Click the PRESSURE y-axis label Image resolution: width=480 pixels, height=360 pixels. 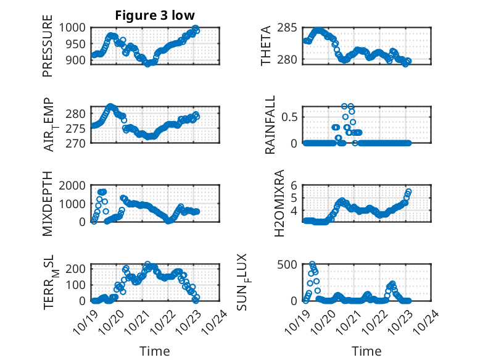click(48, 50)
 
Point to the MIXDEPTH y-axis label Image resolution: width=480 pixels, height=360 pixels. click(48, 204)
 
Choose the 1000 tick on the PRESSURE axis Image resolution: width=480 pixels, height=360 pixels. click(74, 28)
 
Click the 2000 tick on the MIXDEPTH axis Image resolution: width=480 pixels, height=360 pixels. click(74, 185)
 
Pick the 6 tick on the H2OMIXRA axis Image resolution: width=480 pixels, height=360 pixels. click(295, 185)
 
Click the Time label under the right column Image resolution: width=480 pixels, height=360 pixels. click(366, 351)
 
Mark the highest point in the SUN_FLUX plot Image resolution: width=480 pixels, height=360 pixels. click(312, 264)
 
